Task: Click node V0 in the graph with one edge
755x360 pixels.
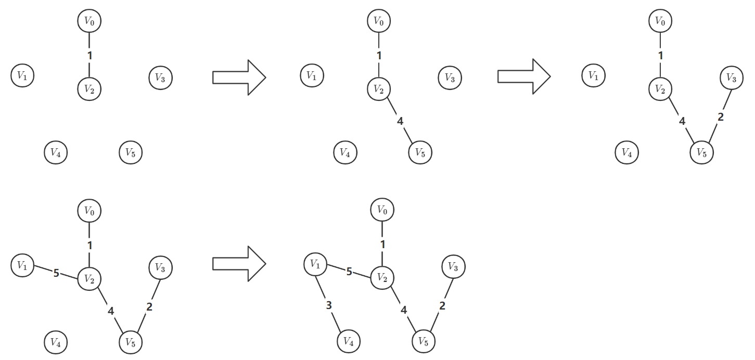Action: pyautogui.click(x=89, y=21)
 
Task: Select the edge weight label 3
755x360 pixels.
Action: pyautogui.click(x=328, y=305)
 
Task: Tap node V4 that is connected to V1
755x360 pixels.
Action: pyautogui.click(x=349, y=342)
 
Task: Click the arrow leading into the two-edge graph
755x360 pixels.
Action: pyautogui.click(x=239, y=78)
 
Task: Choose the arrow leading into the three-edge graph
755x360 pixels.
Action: pyautogui.click(x=524, y=76)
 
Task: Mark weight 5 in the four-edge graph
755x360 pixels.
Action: pyautogui.click(x=56, y=272)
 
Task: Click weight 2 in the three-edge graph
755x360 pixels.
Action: pyautogui.click(x=721, y=117)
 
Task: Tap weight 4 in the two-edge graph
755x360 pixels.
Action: pyautogui.click(x=400, y=121)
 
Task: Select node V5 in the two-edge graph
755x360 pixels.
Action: pyautogui.click(x=420, y=152)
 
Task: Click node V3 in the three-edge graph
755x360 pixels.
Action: pyautogui.click(x=732, y=78)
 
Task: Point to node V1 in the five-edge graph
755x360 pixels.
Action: pyautogui.click(x=315, y=264)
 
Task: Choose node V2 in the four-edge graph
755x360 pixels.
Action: pyautogui.click(x=89, y=278)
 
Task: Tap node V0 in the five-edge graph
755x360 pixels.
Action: pyautogui.click(x=382, y=210)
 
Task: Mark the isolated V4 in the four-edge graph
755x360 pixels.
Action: pyautogui.click(x=56, y=342)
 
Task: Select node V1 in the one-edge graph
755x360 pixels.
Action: pyautogui.click(x=22, y=75)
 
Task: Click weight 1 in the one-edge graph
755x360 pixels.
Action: pyautogui.click(x=89, y=55)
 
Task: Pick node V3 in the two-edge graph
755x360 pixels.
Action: pyautogui.click(x=450, y=78)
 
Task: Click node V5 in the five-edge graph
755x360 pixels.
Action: pyautogui.click(x=424, y=342)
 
